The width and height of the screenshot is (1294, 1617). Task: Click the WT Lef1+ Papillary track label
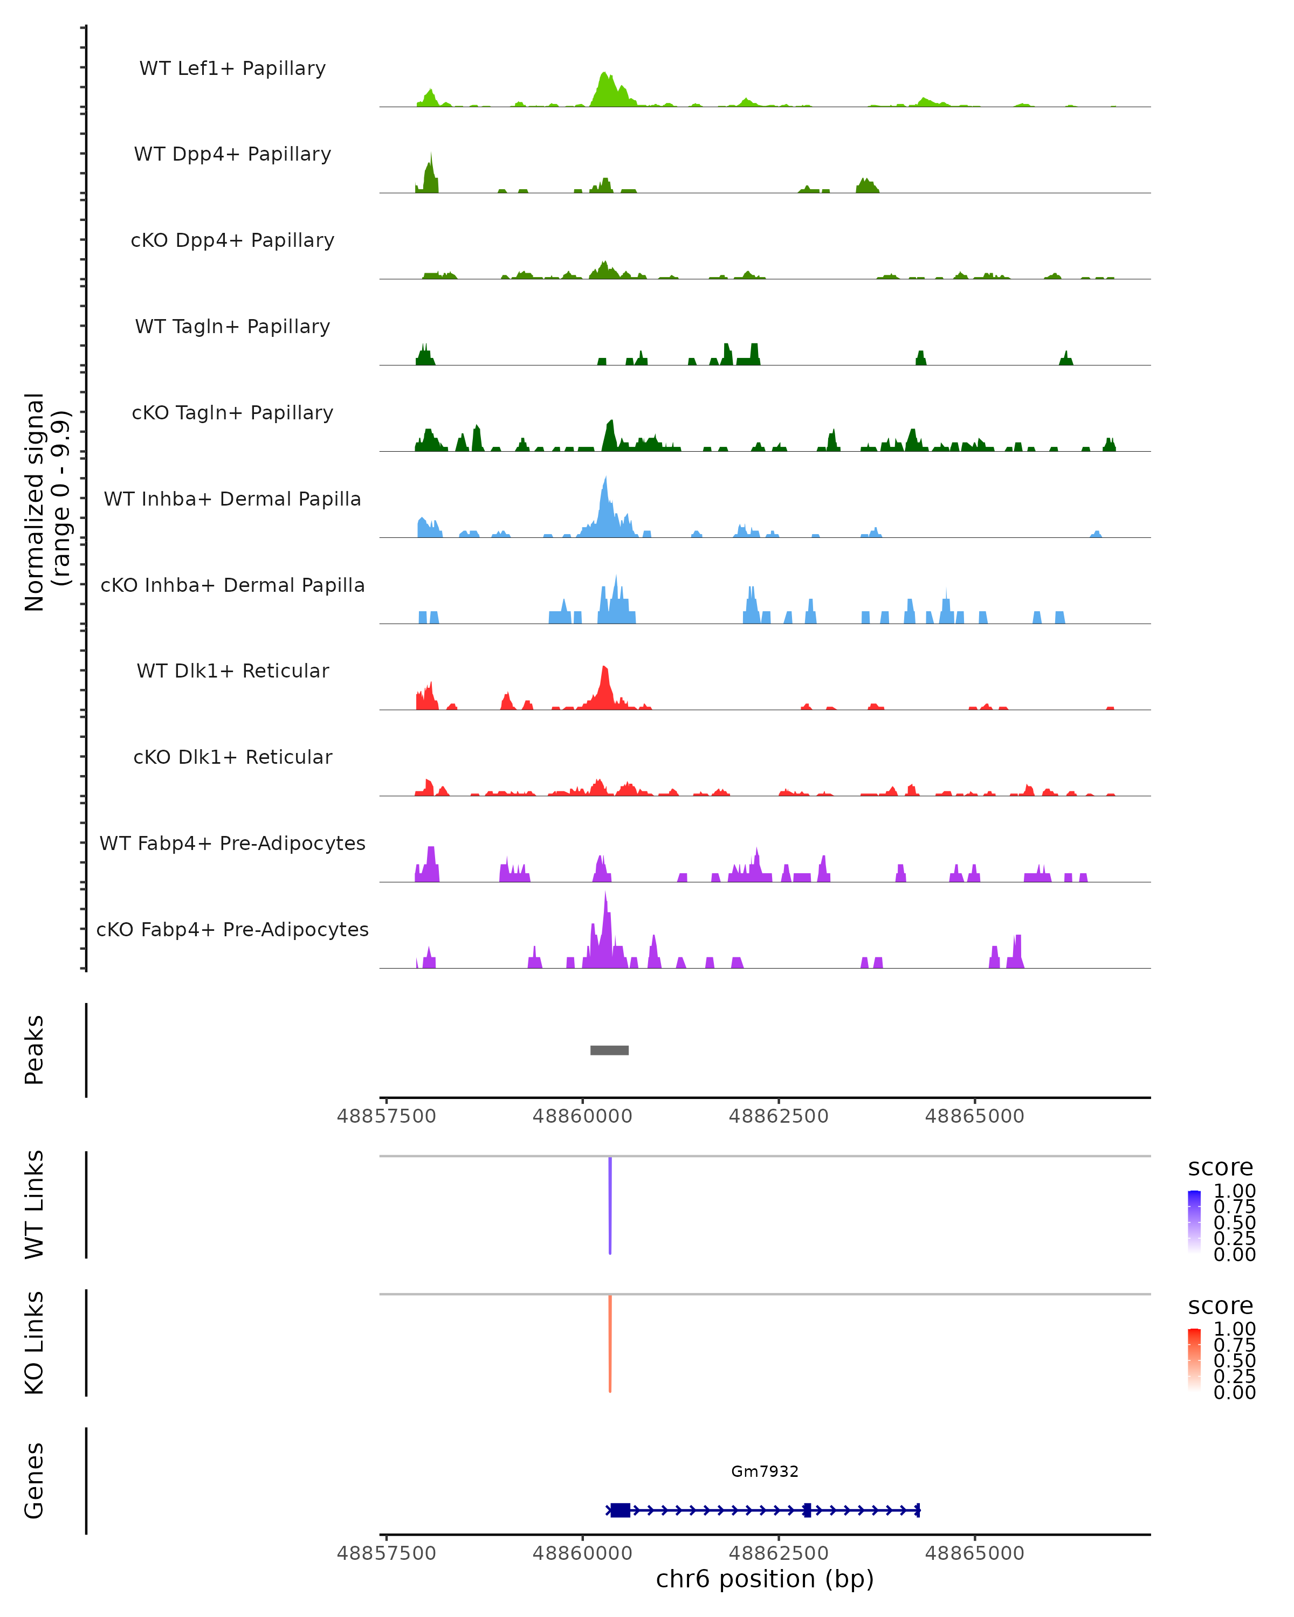pos(232,68)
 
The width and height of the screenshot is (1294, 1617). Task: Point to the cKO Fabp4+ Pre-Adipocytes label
pos(232,929)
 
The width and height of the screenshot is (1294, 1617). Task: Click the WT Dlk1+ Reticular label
pos(232,671)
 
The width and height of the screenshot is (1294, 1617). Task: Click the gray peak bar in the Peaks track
pos(609,1050)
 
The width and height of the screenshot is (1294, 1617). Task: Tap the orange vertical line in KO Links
pos(610,1343)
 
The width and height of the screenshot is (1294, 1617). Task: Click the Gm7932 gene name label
pos(765,1471)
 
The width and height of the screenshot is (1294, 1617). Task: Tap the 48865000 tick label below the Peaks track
pos(974,1116)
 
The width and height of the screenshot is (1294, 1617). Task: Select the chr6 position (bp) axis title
pos(765,1579)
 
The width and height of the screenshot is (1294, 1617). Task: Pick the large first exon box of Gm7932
pos(620,1510)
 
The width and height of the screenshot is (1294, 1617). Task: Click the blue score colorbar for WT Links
pos(1194,1221)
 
